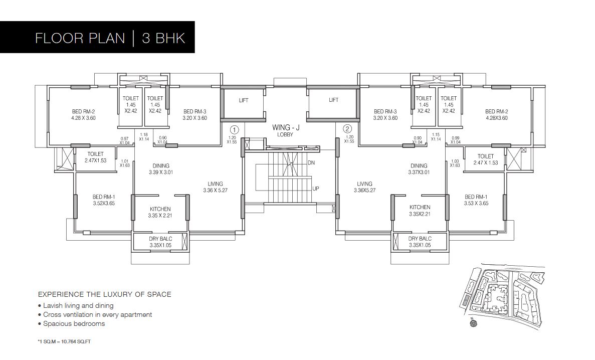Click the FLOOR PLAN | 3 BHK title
pos(110,38)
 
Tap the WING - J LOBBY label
pos(283,131)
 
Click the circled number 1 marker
pos(235,129)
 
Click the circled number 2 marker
pos(348,129)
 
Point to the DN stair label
pos(311,163)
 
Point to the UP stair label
pos(316,189)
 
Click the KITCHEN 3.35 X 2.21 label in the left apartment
pos(160,212)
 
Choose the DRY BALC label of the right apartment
pos(420,242)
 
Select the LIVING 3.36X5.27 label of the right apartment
pos(364,187)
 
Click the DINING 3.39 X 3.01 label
pos(160,169)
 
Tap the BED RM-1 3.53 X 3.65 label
pos(476,200)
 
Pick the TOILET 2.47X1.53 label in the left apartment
pos(95,157)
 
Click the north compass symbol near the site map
pos(472,323)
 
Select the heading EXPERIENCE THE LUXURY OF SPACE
pos(105,294)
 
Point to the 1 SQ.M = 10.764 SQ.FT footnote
pos(64,341)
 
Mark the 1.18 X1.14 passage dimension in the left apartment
pos(144,136)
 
